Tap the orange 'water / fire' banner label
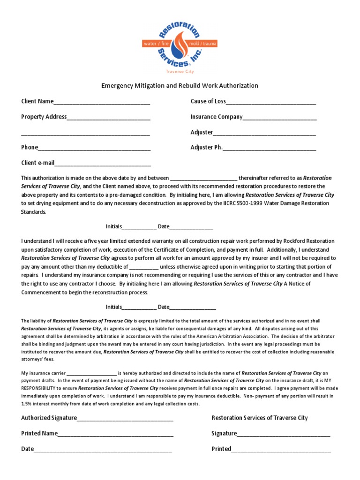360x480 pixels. [x=158, y=43]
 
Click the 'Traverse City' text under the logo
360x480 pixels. [x=180, y=72]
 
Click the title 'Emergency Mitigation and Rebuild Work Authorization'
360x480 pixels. [x=180, y=86]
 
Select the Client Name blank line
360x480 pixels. [x=102, y=103]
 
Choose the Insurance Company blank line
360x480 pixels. [x=280, y=118]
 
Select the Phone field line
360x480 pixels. [x=94, y=149]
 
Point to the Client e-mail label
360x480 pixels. [x=38, y=163]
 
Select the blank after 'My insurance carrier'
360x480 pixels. [x=91, y=374]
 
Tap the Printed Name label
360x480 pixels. [x=39, y=434]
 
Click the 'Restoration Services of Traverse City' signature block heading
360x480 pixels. [x=260, y=418]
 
